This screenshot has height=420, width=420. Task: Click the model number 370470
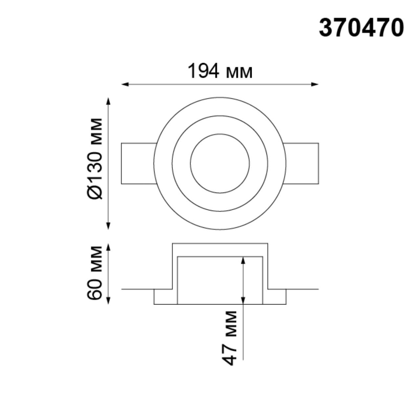point(361,28)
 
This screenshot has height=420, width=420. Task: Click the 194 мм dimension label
point(220,71)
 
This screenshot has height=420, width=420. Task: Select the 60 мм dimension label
point(95,273)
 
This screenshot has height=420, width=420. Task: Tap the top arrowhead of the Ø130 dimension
point(108,101)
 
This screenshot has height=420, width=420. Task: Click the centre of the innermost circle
point(220,163)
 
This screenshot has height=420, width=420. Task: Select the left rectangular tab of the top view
point(138,163)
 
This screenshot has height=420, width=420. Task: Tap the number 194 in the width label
point(203,71)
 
